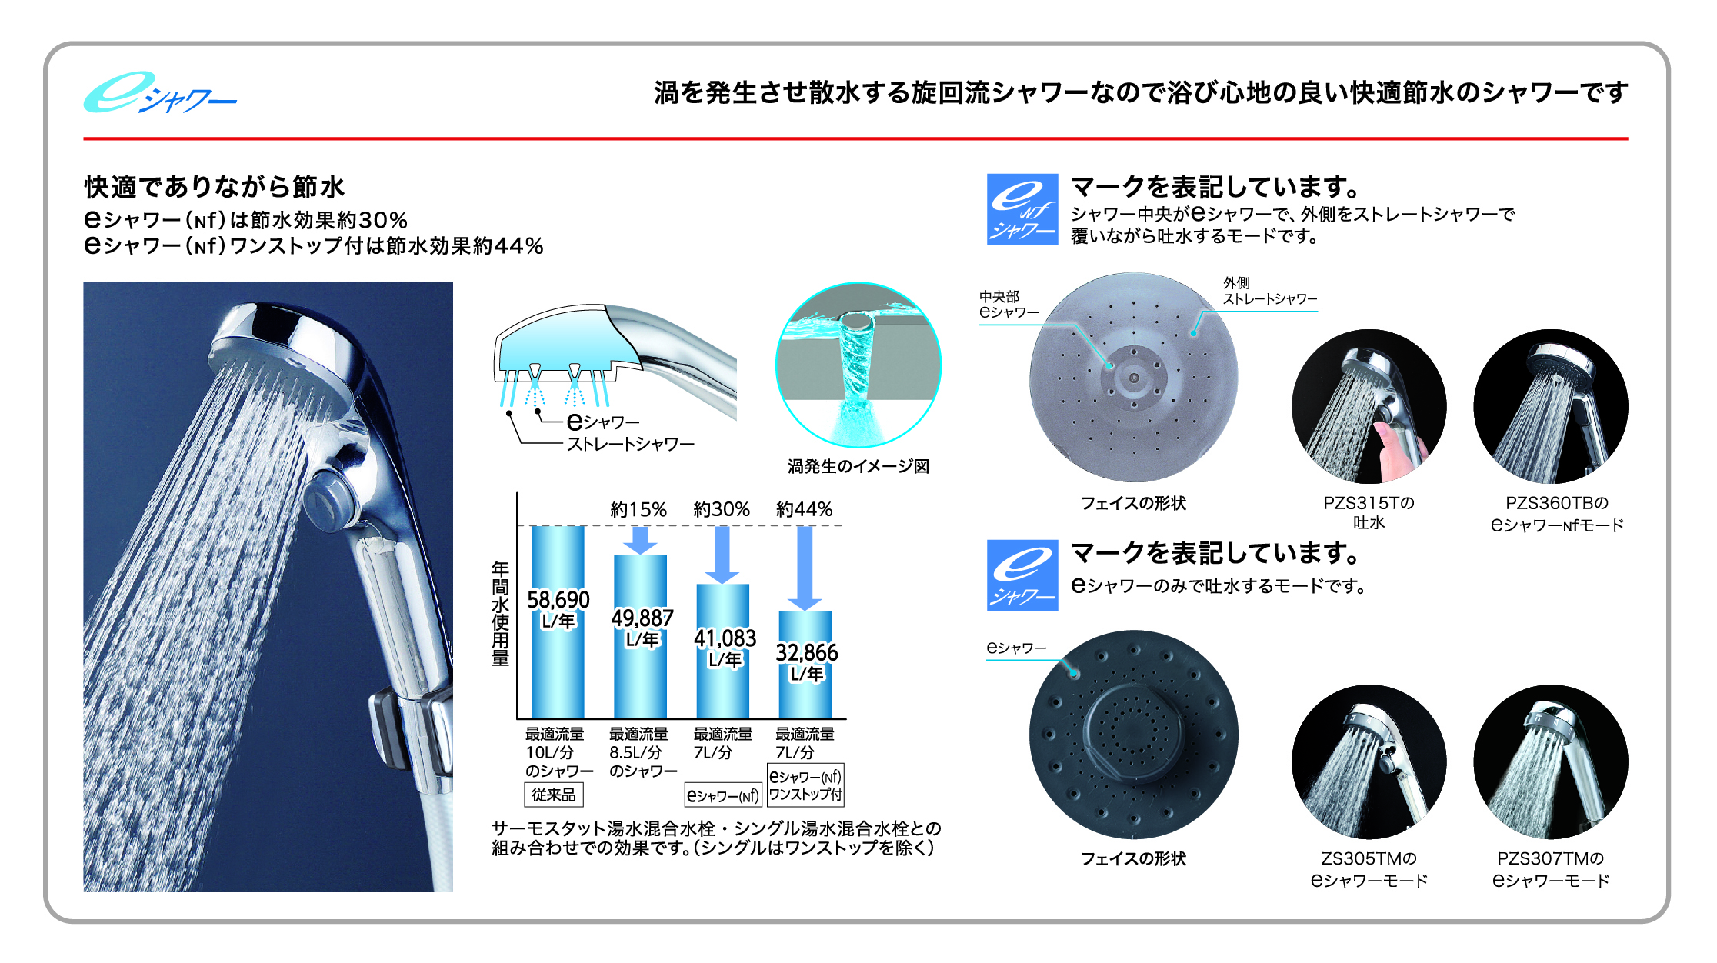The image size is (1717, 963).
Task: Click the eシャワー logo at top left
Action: click(160, 93)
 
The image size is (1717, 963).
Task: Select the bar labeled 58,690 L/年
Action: click(558, 621)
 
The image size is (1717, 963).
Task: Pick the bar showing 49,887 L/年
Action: click(640, 637)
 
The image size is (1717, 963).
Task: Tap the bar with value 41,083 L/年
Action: click(722, 651)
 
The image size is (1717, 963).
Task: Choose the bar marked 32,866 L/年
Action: click(805, 665)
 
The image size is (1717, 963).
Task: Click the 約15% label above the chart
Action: click(638, 509)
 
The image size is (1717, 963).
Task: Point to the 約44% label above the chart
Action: click(805, 509)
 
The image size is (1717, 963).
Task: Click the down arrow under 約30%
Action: click(722, 555)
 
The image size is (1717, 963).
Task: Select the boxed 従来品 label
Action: click(554, 795)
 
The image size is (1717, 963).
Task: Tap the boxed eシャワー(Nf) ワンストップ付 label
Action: click(805, 785)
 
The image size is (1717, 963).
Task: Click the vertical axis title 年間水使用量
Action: click(500, 613)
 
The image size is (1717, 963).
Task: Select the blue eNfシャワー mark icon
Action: click(1022, 209)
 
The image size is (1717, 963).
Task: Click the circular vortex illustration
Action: click(858, 365)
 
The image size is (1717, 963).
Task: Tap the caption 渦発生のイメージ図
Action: click(858, 466)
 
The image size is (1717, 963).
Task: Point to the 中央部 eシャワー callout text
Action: click(1009, 305)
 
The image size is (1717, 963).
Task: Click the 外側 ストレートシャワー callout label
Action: click(1270, 292)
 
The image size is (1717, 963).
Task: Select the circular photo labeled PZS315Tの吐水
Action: click(1369, 406)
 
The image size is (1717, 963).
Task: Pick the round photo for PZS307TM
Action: click(1551, 761)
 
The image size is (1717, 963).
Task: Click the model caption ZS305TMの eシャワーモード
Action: click(1369, 869)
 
